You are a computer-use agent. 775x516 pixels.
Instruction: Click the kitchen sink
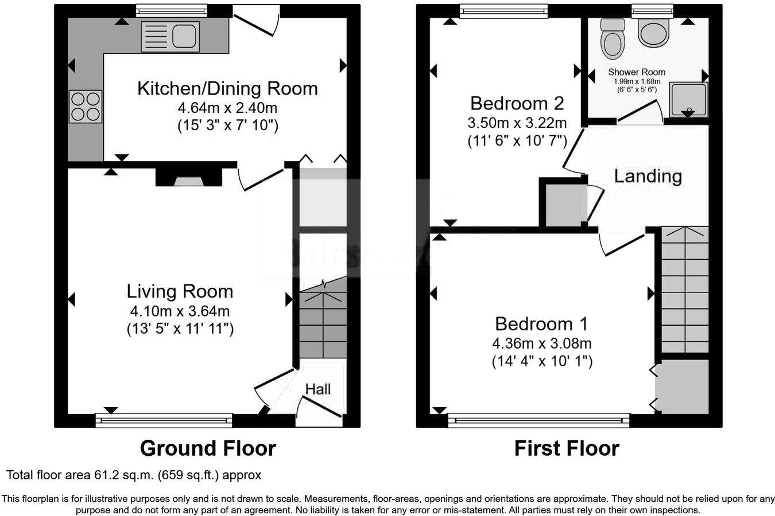pyautogui.click(x=170, y=36)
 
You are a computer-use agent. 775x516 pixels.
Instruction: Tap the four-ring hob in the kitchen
pyautogui.click(x=86, y=107)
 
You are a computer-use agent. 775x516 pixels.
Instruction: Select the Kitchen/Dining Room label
pyautogui.click(x=227, y=88)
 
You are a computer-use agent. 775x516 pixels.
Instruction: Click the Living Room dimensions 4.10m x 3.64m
pyautogui.click(x=180, y=311)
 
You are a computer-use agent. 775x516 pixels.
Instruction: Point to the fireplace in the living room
pyautogui.click(x=189, y=179)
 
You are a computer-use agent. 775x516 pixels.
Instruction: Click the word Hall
pyautogui.click(x=318, y=389)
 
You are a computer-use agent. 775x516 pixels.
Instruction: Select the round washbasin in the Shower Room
pyautogui.click(x=654, y=33)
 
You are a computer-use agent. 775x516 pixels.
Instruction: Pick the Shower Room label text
pyautogui.click(x=637, y=72)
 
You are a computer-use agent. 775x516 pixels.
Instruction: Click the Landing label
pyautogui.click(x=648, y=175)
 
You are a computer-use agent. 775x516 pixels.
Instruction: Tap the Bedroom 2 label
pyautogui.click(x=517, y=103)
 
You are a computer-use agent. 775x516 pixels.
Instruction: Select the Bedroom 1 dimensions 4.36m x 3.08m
pyautogui.click(x=541, y=343)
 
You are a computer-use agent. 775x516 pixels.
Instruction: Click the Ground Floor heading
pyautogui.click(x=208, y=448)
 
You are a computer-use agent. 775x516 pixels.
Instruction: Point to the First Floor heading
pyautogui.click(x=566, y=448)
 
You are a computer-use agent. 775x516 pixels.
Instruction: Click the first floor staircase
pyautogui.click(x=685, y=290)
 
